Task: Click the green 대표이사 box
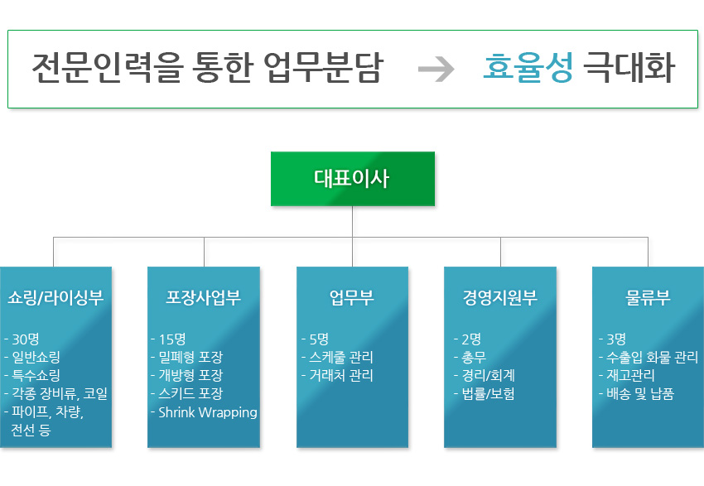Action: [x=352, y=178]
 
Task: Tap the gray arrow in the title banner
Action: [x=436, y=70]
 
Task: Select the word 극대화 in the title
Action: [x=628, y=69]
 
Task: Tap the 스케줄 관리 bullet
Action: [x=340, y=357]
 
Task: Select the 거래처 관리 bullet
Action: [x=340, y=376]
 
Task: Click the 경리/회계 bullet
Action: [x=488, y=376]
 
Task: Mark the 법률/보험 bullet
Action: [x=488, y=394]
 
